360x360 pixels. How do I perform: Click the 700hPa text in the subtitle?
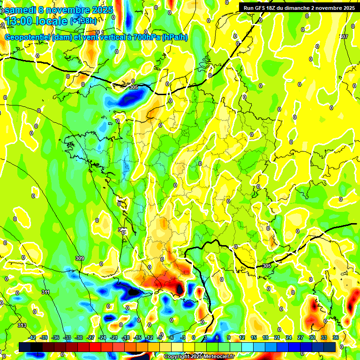[x=146, y=37]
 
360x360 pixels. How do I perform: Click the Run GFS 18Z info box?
[x=299, y=7]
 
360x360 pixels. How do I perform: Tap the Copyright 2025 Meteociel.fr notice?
[x=199, y=356]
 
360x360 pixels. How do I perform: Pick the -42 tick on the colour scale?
[x=32, y=337]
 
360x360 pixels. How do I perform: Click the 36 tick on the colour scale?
[x=336, y=337]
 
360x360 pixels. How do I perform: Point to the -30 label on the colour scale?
[x=79, y=337]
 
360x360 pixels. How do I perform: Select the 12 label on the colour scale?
[x=242, y=337]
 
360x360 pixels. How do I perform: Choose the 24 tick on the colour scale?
[x=289, y=337]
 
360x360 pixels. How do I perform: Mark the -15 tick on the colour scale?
[x=137, y=337]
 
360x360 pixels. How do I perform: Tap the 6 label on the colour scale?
[x=217, y=337]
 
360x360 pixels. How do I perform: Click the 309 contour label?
[x=79, y=258]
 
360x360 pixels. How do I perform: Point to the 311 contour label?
[x=45, y=292]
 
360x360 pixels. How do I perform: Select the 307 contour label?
[x=344, y=37]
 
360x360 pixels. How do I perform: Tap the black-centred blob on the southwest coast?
[x=134, y=292]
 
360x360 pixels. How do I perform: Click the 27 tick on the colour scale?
[x=300, y=337]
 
